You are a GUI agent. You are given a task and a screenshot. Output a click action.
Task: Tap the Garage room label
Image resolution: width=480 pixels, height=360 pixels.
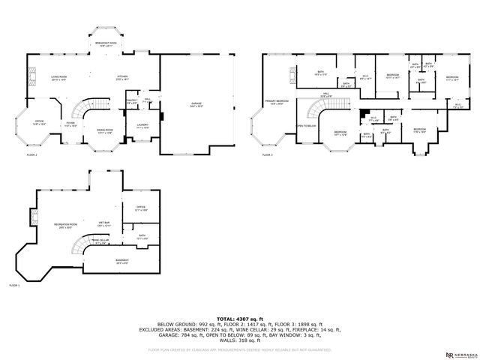pyautogui.click(x=196, y=105)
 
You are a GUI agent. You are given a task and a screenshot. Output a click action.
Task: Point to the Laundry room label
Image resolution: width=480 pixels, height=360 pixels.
pyautogui.click(x=142, y=126)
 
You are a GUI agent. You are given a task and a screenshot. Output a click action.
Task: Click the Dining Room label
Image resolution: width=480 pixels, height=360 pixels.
pyautogui.click(x=104, y=131)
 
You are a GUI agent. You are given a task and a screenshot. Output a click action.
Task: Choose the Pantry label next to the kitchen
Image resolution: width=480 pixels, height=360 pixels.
pyautogui.click(x=130, y=101)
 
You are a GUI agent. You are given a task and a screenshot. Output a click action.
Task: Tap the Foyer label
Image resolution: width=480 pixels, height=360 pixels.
pyautogui.click(x=70, y=124)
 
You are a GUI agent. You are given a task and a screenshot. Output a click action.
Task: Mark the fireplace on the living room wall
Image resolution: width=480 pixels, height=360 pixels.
pyautogui.click(x=31, y=76)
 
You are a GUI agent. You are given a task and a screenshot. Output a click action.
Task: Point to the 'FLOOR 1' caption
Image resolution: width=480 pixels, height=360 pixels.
pyautogui.click(x=14, y=286)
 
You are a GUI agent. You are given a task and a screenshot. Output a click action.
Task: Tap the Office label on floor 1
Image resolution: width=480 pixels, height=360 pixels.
pyautogui.click(x=140, y=209)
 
